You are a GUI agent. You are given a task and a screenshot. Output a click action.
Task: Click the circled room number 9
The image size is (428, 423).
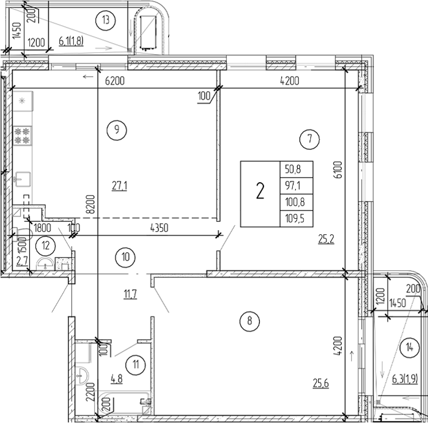click(116, 128)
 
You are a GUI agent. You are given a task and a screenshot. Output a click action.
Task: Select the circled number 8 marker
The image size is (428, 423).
click(249, 321)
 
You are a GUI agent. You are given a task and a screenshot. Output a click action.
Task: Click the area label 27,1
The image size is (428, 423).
click(119, 186)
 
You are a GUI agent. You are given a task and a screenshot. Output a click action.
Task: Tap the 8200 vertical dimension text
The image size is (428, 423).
click(91, 204)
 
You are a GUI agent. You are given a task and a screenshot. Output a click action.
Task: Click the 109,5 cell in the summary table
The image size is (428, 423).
click(296, 218)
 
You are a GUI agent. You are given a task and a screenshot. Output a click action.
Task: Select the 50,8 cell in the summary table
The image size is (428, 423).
click(296, 170)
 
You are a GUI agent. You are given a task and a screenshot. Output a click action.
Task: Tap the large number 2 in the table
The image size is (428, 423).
click(260, 192)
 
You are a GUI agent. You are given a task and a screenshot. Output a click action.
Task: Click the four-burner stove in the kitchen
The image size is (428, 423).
click(23, 135)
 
